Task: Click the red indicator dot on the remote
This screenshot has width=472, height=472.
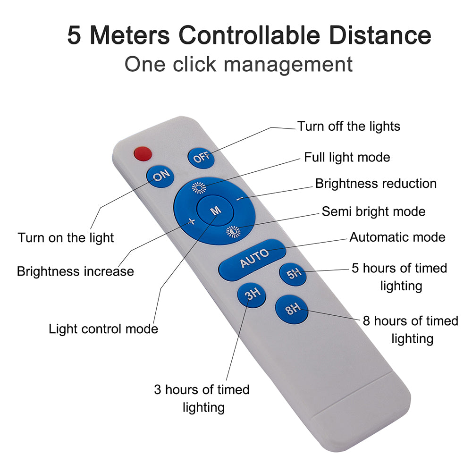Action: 143,153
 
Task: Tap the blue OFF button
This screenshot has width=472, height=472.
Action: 202,157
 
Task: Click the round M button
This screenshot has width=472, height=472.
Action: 215,211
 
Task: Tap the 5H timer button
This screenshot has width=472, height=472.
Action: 293,275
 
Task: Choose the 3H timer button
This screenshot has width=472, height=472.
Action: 251,295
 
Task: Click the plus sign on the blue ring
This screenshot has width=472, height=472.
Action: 192,222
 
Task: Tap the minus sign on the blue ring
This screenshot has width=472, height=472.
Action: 239,199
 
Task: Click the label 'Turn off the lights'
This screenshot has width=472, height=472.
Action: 348,126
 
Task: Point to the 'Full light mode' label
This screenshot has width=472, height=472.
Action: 347,157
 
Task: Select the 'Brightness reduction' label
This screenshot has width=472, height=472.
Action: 376,183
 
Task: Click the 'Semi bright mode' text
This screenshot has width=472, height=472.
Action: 373,211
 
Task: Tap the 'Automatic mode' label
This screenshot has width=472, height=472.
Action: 397,236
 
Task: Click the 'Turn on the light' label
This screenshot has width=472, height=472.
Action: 66,237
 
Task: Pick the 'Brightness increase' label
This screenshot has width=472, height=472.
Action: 75,271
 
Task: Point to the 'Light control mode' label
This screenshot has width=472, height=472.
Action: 103,329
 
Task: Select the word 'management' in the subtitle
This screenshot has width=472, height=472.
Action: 288,64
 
